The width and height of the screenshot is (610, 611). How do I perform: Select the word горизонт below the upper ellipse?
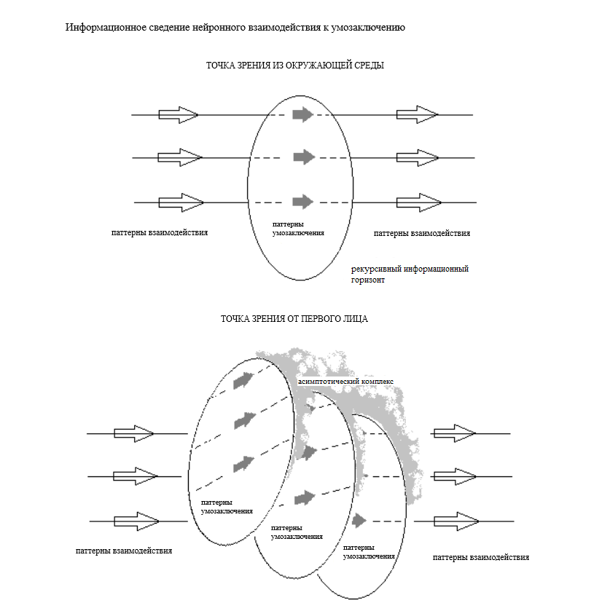click(368, 280)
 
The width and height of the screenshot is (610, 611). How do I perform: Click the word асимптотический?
click(329, 381)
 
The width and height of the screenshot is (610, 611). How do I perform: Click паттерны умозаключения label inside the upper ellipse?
click(297, 228)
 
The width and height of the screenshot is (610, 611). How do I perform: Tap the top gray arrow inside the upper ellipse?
click(302, 114)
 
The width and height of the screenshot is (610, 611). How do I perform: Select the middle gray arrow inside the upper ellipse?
click(304, 157)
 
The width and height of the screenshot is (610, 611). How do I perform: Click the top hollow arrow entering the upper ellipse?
click(179, 114)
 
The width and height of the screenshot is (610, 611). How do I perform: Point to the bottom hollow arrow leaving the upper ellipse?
click(419, 202)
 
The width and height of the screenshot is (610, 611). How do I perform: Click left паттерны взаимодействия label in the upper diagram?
click(160, 233)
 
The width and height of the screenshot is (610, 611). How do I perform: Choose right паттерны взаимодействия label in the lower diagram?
click(480, 557)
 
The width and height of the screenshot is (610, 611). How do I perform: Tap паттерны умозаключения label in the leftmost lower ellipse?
click(227, 507)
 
